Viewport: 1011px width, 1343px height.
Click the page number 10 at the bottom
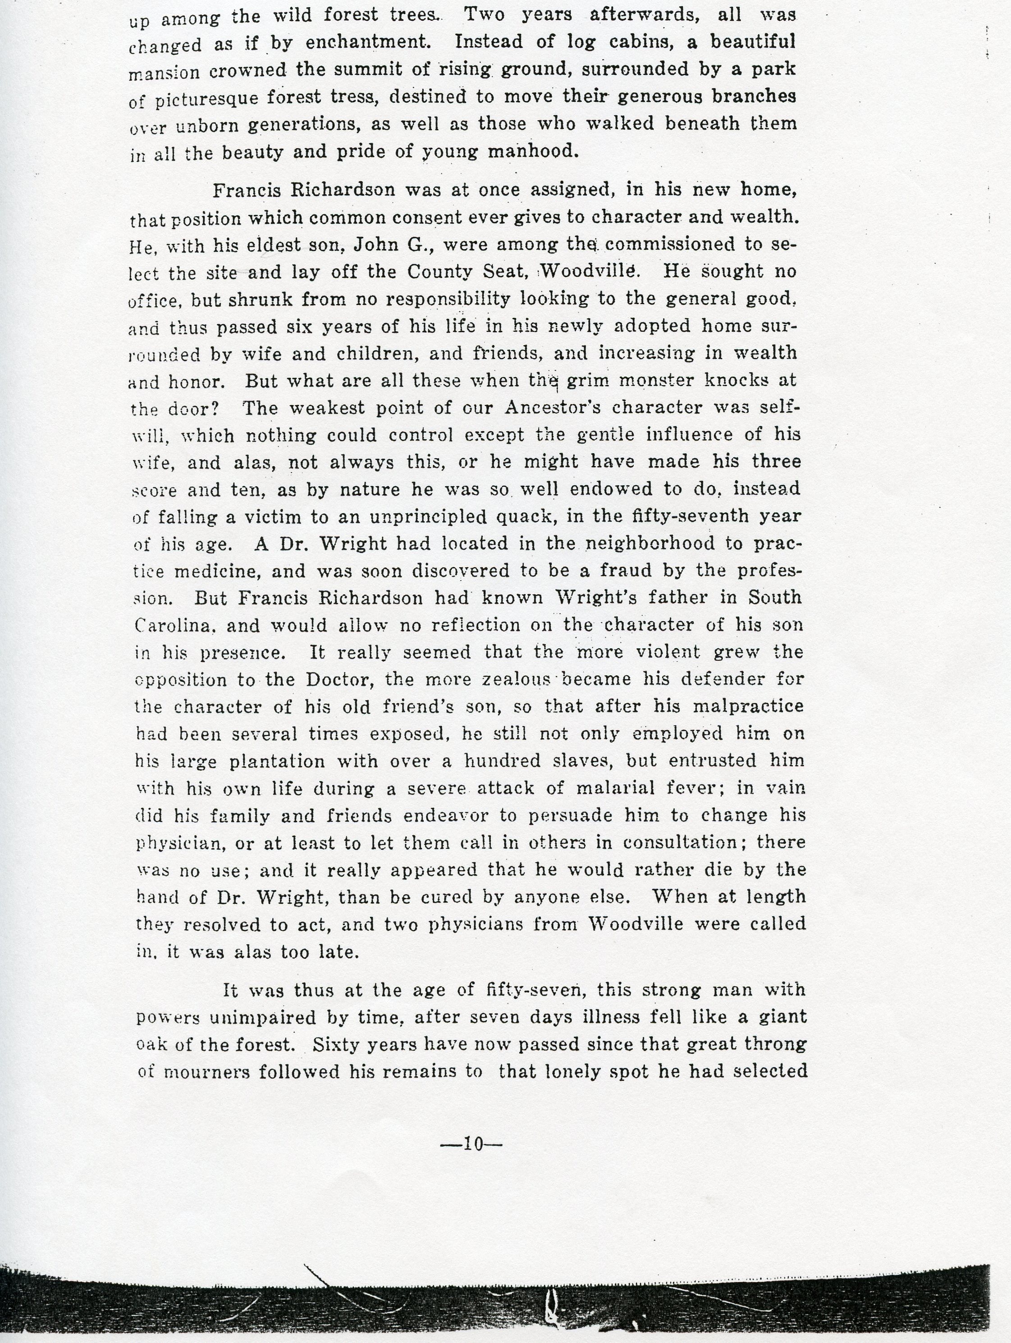click(472, 1144)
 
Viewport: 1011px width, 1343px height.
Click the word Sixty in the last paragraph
click(335, 1044)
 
